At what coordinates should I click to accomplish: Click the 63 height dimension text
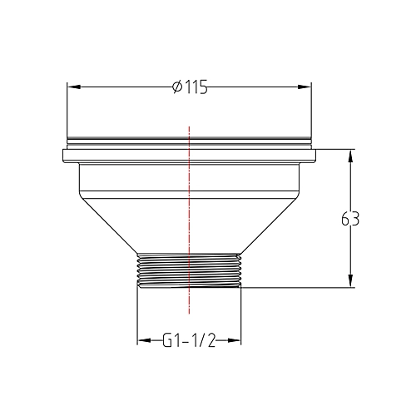(x=350, y=220)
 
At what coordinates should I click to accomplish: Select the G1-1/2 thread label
(x=189, y=340)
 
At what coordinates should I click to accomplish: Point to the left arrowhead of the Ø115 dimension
(x=72, y=86)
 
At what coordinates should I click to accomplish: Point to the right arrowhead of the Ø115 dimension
(x=306, y=86)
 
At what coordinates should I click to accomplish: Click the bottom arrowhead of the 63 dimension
(x=350, y=283)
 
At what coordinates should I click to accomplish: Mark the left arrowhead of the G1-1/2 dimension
(x=142, y=340)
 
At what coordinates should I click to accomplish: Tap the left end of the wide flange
(x=62, y=156)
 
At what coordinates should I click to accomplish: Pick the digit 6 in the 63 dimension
(x=345, y=220)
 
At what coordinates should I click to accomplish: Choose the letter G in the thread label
(x=166, y=340)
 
